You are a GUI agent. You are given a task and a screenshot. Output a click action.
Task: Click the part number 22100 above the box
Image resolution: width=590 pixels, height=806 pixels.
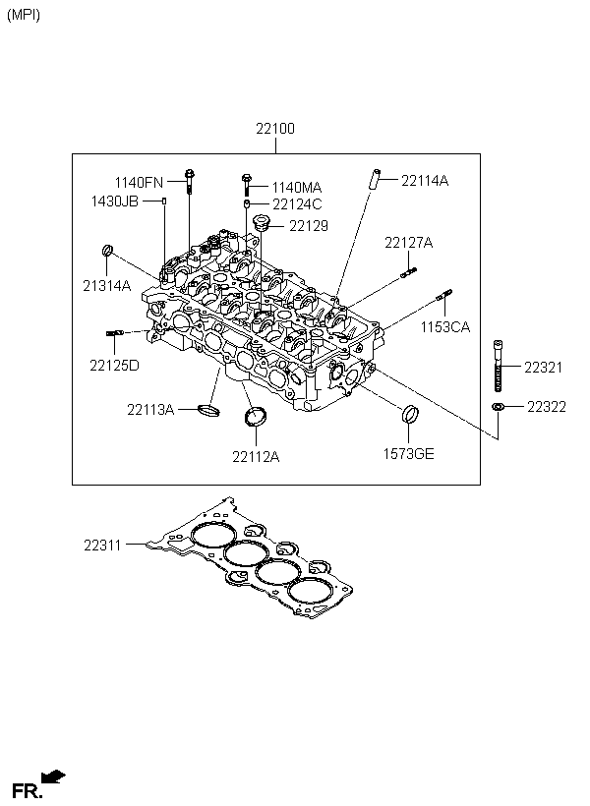click(x=275, y=128)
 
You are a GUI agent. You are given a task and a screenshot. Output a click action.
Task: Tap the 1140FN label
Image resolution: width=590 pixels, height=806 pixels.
click(x=139, y=183)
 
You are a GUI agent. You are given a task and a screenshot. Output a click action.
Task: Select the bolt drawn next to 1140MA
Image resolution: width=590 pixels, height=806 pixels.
click(x=246, y=185)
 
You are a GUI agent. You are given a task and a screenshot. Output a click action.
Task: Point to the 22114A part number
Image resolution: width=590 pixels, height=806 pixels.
click(x=425, y=181)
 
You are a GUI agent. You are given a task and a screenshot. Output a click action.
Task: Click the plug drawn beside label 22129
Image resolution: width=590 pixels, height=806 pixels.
click(x=263, y=223)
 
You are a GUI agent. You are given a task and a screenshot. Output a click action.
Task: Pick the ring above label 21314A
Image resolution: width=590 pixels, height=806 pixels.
click(x=107, y=250)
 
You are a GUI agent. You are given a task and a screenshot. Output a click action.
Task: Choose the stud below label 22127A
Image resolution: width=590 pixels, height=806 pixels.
click(x=408, y=272)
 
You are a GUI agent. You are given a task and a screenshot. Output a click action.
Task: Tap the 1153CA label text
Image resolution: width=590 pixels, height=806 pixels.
click(x=445, y=327)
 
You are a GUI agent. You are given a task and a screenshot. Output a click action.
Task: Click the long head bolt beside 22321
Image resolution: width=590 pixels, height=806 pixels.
click(x=498, y=366)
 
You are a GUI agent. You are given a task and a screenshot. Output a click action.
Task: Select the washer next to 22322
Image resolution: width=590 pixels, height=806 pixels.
click(x=497, y=407)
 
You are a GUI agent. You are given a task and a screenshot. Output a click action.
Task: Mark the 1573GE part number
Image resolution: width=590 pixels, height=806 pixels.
click(x=408, y=454)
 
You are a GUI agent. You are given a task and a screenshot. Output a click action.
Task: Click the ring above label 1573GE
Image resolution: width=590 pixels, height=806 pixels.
click(x=409, y=415)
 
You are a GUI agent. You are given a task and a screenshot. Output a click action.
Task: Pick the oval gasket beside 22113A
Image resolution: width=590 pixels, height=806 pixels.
click(x=208, y=410)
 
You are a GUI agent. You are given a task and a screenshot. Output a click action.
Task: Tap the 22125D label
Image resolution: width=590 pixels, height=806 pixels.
click(x=114, y=366)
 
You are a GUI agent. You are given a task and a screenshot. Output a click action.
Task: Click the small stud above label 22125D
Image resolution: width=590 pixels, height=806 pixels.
click(x=114, y=333)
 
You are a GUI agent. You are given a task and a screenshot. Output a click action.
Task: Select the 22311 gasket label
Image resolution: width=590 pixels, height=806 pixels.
click(x=102, y=545)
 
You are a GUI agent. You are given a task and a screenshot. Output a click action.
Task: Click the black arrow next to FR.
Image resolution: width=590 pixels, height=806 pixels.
click(x=53, y=777)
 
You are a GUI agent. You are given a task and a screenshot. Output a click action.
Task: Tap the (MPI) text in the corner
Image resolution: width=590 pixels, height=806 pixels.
click(x=24, y=15)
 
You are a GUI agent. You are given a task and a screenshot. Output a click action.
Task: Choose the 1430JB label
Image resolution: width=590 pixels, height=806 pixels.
click(x=115, y=201)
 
